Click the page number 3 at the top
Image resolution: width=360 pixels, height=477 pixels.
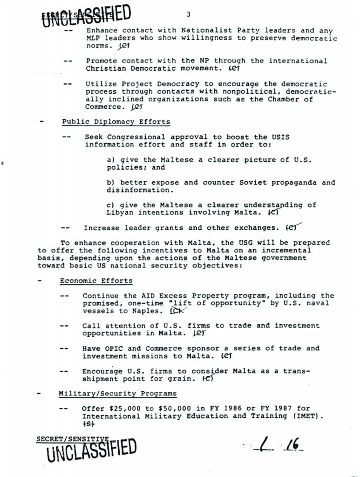[189, 14]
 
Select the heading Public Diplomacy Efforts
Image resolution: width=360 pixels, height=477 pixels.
[116, 122]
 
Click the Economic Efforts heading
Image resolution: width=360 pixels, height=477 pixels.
[96, 281]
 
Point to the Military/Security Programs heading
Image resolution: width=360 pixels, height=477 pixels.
[117, 394]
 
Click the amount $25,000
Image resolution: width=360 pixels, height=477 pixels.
[125, 409]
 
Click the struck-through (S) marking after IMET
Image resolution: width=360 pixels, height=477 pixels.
[88, 424]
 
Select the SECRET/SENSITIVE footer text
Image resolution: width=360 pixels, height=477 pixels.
[72, 439]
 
